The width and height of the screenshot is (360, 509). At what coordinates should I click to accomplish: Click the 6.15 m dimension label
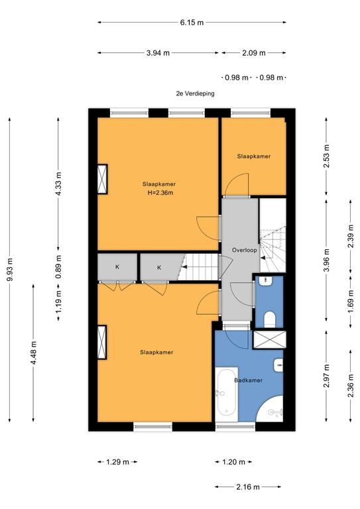tap(192, 23)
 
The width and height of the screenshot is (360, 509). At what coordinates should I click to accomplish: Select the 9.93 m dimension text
tap(10, 270)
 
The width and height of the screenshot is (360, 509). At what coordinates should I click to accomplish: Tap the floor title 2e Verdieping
tap(195, 93)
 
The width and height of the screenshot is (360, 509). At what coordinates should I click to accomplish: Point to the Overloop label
tap(245, 250)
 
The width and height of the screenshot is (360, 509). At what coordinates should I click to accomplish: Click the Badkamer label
tap(249, 380)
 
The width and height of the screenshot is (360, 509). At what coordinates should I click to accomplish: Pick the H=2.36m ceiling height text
tap(160, 193)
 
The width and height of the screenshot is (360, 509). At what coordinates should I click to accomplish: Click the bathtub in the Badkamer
tap(226, 394)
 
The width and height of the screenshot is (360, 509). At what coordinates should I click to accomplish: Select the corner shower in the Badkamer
tap(270, 409)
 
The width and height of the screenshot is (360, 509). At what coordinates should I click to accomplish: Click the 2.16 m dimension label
tap(248, 486)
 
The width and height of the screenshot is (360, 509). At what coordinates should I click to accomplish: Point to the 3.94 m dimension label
tap(158, 53)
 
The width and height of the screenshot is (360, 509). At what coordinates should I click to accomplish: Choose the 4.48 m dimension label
tap(34, 353)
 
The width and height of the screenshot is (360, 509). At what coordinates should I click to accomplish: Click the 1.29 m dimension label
tap(117, 461)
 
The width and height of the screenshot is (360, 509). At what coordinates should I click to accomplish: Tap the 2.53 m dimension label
tap(327, 156)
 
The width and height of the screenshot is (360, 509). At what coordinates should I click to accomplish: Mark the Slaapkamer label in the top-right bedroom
tap(254, 156)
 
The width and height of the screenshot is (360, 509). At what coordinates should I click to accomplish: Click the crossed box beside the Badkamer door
tap(269, 339)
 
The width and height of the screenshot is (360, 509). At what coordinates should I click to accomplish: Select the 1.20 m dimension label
tap(234, 461)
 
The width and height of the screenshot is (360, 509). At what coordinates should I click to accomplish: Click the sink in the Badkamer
tap(278, 366)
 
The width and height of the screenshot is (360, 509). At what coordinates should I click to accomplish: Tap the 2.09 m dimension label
tap(254, 53)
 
